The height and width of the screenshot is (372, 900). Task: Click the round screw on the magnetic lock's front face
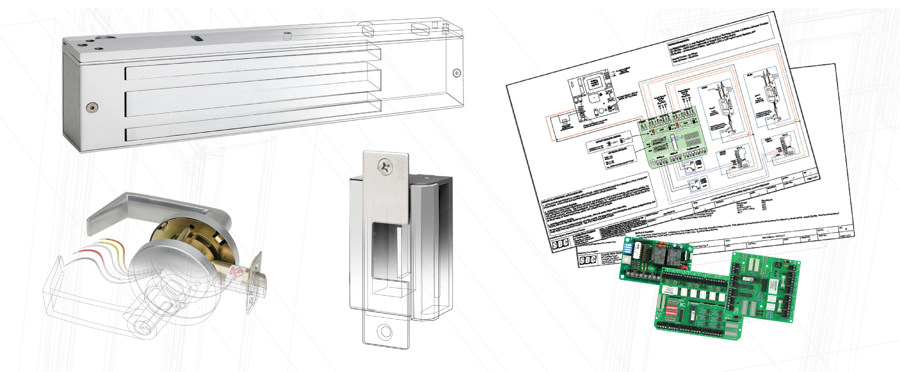coord(92,107)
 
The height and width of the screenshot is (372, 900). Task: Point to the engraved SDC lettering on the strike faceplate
coord(400,169)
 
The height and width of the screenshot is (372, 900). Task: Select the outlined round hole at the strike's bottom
coord(386,331)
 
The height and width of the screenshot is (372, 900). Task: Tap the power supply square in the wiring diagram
coord(594,84)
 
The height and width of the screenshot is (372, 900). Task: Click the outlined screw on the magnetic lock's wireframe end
coord(456,73)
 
